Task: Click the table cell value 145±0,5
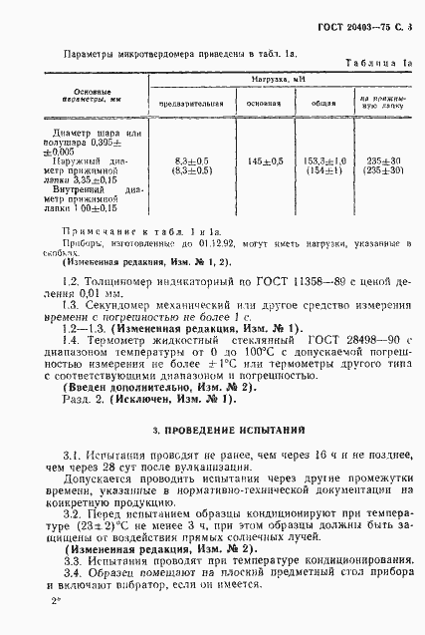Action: coord(263,161)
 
